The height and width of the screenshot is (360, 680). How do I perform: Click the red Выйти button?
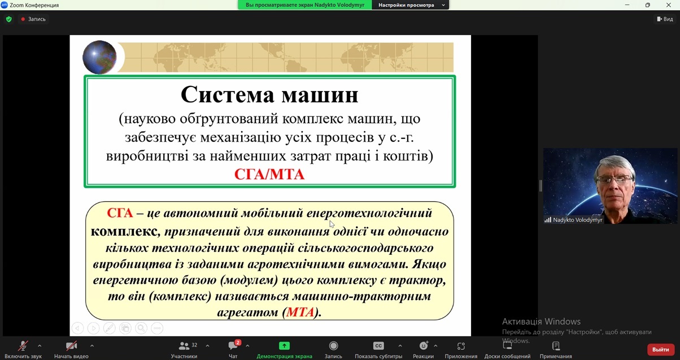(661, 349)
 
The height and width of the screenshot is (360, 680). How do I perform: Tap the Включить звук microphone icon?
(23, 346)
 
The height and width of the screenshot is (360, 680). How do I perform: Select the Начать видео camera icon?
(71, 346)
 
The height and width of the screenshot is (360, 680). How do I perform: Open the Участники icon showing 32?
(184, 346)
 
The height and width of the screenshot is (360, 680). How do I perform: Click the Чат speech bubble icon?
(233, 346)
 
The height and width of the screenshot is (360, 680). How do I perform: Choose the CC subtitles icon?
(378, 346)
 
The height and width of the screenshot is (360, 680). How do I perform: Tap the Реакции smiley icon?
(423, 346)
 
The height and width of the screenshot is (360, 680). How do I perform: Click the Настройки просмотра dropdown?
(411, 5)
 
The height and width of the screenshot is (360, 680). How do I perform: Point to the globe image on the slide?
(99, 57)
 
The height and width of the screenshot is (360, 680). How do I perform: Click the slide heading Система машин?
(269, 94)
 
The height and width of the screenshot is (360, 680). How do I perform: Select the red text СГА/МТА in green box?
(269, 175)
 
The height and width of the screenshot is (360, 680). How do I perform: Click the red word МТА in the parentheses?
(300, 313)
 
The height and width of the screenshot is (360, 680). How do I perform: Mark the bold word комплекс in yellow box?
(124, 231)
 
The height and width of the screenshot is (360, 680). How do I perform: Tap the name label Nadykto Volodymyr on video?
(577, 220)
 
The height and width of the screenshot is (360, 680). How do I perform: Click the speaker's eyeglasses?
(614, 179)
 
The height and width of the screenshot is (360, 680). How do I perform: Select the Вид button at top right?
(665, 19)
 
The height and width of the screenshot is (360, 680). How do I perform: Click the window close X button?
(669, 5)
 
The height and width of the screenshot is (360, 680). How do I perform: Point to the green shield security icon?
(9, 19)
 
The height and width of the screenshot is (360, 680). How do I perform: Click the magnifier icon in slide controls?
(141, 328)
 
